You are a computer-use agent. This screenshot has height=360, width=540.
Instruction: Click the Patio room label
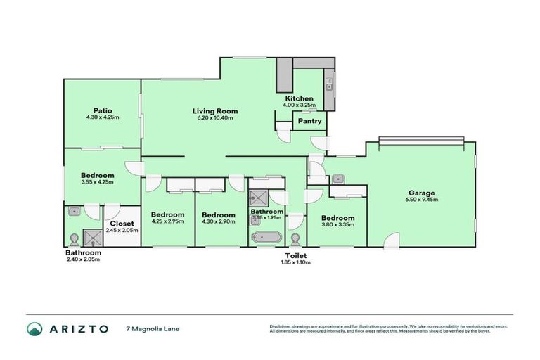tap(103, 110)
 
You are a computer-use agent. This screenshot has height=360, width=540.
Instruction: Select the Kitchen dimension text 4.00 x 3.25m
tap(300, 105)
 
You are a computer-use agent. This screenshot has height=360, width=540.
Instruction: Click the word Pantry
tap(310, 121)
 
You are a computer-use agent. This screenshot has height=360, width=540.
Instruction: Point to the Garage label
tap(422, 193)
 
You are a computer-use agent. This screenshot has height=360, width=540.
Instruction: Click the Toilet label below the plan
tap(296, 255)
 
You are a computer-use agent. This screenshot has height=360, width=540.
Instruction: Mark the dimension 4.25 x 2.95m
tap(168, 222)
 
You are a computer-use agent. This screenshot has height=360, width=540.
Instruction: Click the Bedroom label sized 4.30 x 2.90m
tap(217, 214)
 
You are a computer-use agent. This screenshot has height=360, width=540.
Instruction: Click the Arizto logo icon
tap(35, 328)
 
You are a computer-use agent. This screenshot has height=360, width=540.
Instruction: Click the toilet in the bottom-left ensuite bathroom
tap(75, 238)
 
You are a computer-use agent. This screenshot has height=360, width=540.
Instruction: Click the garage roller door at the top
tap(420, 140)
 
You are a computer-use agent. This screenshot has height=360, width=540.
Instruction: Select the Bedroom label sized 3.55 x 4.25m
tap(97, 175)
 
